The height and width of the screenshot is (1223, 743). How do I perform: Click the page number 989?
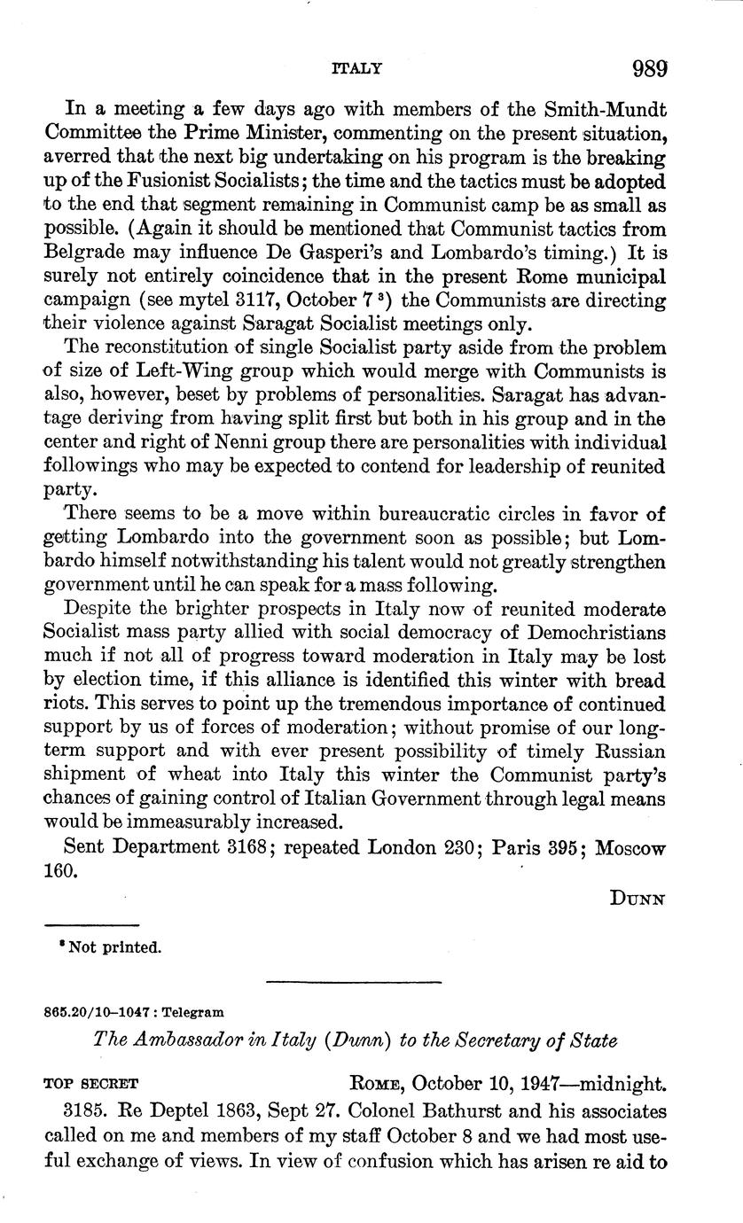(x=649, y=68)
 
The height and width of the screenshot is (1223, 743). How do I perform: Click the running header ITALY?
(x=356, y=68)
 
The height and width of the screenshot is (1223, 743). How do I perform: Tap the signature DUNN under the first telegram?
(x=637, y=899)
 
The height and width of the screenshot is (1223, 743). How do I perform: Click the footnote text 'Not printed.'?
(x=109, y=947)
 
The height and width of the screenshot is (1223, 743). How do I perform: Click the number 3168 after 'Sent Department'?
(x=249, y=846)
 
